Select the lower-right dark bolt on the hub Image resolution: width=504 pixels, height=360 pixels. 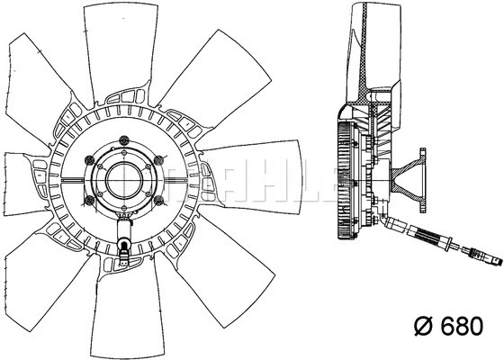[157, 200]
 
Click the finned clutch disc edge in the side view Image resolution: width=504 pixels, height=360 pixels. [343, 180]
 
